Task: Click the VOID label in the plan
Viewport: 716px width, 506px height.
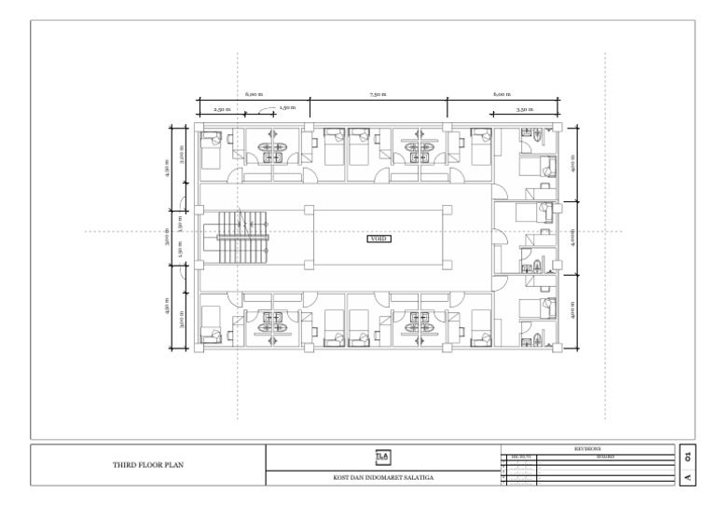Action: (379, 239)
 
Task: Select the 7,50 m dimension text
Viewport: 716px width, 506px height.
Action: (378, 95)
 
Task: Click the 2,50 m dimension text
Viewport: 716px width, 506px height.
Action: (221, 109)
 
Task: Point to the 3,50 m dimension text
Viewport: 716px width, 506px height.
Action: (525, 109)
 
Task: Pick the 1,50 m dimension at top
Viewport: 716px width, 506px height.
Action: (286, 108)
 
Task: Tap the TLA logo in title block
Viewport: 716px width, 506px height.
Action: (382, 457)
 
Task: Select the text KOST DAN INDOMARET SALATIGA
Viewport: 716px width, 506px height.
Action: (382, 479)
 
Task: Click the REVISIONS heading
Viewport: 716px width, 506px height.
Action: (587, 448)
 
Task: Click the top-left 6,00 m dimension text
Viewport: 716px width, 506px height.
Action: (254, 95)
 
